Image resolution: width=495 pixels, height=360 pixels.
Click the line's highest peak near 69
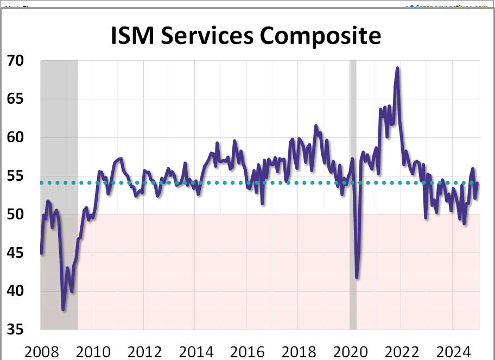click(x=397, y=68)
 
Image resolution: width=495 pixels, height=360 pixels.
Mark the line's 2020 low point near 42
click(x=357, y=277)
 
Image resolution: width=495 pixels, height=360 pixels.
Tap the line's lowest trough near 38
click(x=64, y=310)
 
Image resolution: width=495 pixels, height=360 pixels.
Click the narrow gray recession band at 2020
click(x=353, y=195)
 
